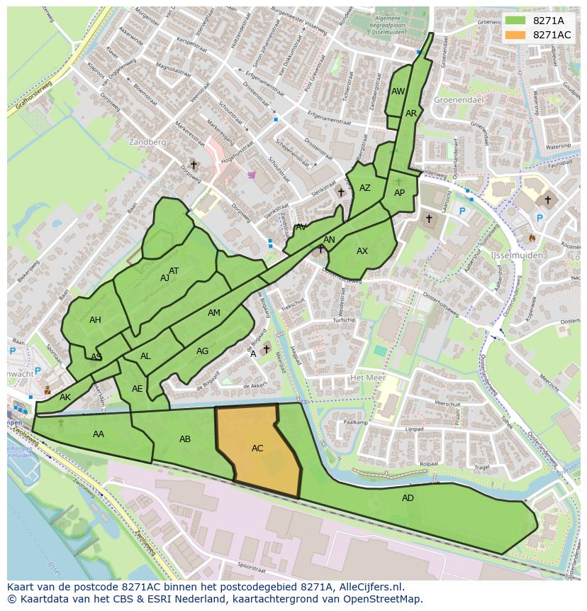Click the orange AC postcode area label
click(x=257, y=448)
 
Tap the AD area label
click(x=408, y=498)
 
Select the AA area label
click(x=99, y=434)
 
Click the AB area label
click(x=185, y=439)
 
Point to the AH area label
click(x=95, y=320)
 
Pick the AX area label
click(x=362, y=251)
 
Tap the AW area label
click(x=398, y=92)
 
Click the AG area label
click(x=203, y=351)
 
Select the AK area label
click(x=65, y=397)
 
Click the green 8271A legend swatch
click(x=515, y=21)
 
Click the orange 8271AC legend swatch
click(x=515, y=35)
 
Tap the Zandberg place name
click(x=148, y=142)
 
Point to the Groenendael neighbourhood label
click(x=458, y=101)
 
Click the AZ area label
click(x=365, y=188)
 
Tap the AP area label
click(x=399, y=193)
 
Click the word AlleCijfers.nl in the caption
click(x=367, y=587)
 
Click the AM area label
click(x=214, y=313)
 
